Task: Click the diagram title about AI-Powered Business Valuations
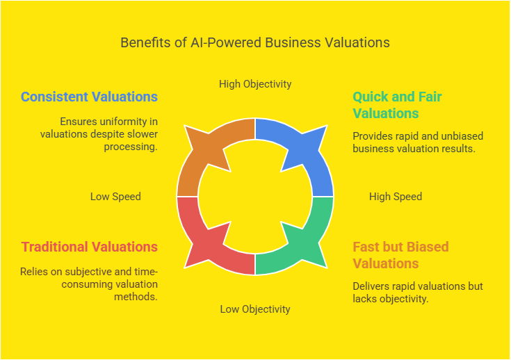click(255, 42)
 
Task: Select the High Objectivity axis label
click(255, 84)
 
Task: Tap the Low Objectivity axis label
click(255, 309)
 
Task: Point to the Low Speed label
click(115, 197)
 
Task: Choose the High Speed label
click(396, 197)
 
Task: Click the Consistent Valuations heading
click(89, 97)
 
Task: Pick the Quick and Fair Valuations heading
click(397, 105)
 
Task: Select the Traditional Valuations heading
click(90, 247)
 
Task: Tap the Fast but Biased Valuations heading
click(401, 255)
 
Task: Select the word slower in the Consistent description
click(143, 134)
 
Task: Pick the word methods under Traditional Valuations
click(136, 297)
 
